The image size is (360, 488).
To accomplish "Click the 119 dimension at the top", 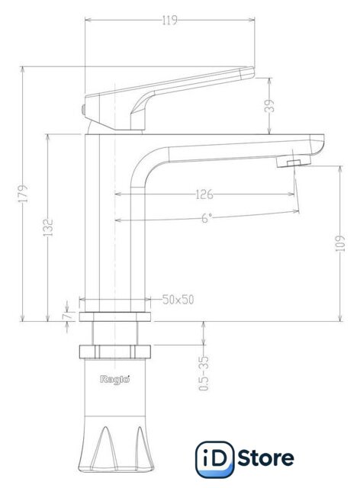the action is (x=170, y=21).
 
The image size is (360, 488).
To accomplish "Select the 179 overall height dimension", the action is (x=23, y=194).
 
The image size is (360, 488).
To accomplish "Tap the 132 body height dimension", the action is (x=48, y=227).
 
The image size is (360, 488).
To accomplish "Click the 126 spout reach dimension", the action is (x=204, y=194).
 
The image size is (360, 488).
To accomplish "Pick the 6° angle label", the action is (x=206, y=218).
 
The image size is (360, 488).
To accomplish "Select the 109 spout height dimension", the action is (x=342, y=244).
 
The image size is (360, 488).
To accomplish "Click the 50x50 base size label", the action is (x=178, y=300).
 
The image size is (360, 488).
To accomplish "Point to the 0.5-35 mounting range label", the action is (x=204, y=374).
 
